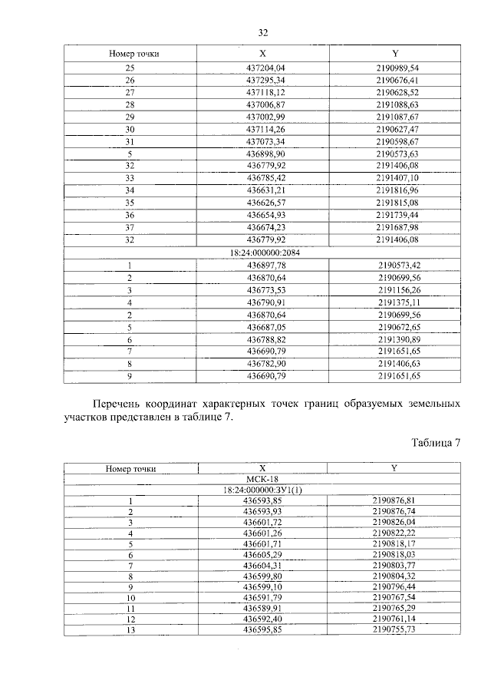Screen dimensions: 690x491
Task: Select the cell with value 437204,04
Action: [262, 68]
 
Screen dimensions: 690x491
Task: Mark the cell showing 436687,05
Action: [262, 326]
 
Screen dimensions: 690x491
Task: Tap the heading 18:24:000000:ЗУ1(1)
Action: [262, 489]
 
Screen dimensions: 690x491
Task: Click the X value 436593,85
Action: [262, 500]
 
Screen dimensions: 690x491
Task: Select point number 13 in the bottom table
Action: [130, 629]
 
